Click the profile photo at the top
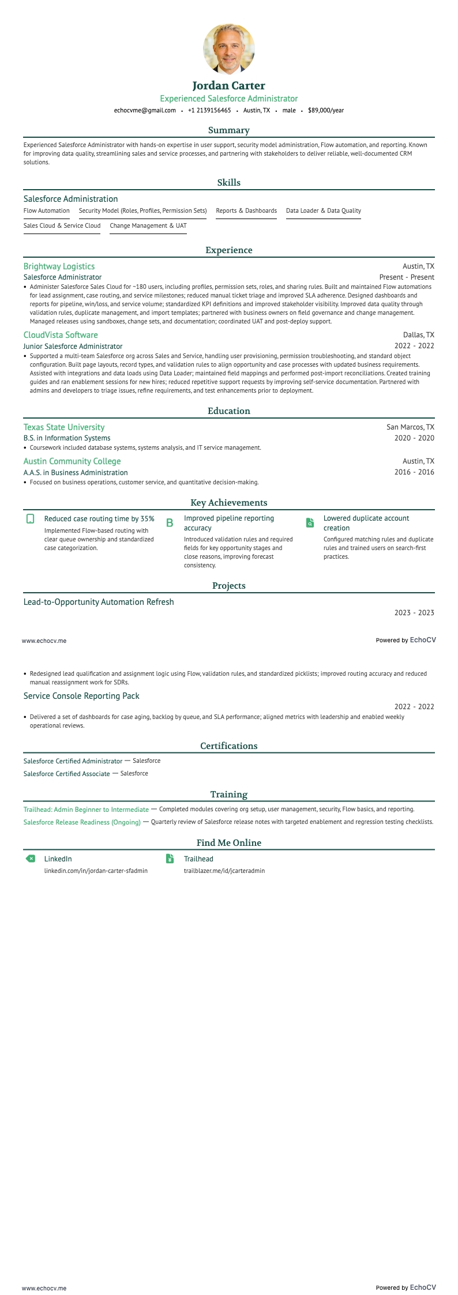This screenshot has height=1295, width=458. tap(229, 49)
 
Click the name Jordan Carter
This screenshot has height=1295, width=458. tap(229, 86)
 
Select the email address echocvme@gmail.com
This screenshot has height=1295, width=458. tap(145, 110)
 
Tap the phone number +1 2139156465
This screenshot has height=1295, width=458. tap(209, 110)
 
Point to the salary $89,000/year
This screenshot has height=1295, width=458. tap(326, 110)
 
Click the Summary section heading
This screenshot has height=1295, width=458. tap(229, 130)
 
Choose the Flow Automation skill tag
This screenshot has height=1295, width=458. tap(47, 211)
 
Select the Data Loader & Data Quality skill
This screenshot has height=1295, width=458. tap(324, 211)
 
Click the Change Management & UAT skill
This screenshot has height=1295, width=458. tap(148, 226)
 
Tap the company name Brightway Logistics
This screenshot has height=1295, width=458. tap(59, 266)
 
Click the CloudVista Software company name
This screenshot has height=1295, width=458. tap(61, 335)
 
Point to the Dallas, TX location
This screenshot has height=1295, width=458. tap(419, 335)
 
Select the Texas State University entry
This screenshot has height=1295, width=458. tap(64, 427)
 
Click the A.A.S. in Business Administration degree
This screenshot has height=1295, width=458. tap(76, 473)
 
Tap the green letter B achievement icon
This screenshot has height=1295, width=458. tap(170, 523)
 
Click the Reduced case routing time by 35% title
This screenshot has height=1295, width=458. tap(99, 519)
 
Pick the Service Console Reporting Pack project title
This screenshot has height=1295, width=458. tap(81, 696)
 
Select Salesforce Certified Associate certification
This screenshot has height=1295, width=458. tap(67, 774)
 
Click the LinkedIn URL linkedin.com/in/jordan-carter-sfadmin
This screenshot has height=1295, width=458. tap(96, 871)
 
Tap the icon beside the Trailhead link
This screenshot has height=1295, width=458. tap(170, 859)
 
